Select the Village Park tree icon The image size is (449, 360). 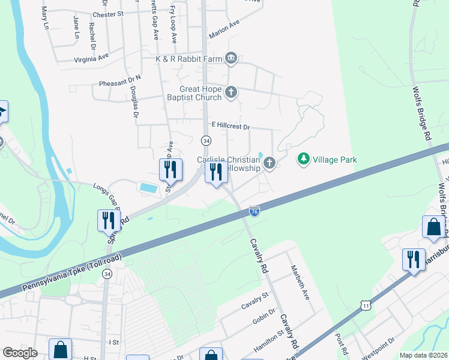[304, 159]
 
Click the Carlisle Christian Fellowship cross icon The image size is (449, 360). [270, 163]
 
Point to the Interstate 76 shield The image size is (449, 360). [255, 210]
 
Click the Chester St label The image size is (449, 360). [108, 14]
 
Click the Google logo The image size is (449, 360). [20, 353]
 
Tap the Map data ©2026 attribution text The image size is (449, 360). [423, 355]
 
